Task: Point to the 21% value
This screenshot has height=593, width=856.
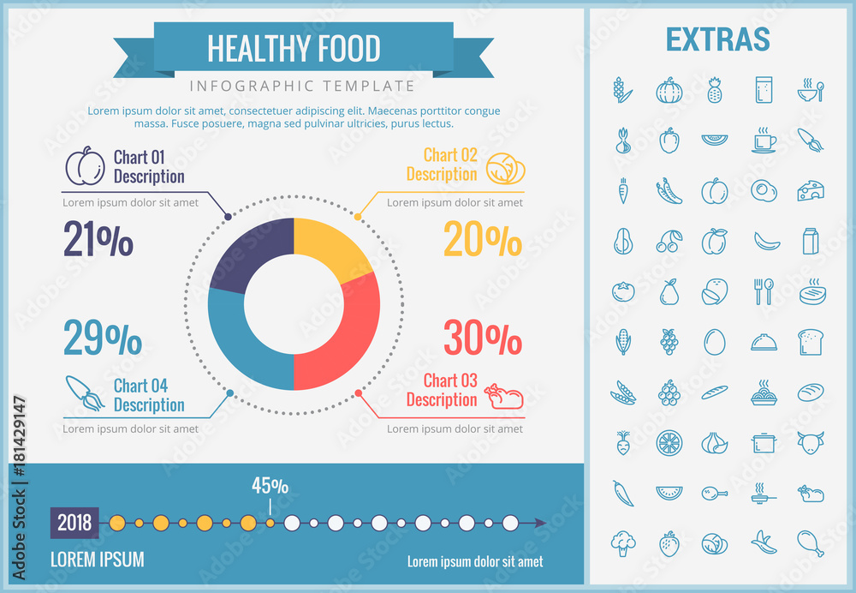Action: click(98, 239)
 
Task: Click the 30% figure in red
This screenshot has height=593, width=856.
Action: click(482, 338)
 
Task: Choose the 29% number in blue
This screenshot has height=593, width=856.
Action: click(103, 339)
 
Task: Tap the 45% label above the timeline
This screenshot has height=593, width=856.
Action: click(270, 486)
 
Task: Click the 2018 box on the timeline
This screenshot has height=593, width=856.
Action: click(74, 523)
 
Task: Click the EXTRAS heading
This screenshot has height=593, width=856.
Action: click(717, 39)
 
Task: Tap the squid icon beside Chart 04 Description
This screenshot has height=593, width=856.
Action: click(85, 393)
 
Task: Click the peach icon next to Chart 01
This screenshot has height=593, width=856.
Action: click(86, 166)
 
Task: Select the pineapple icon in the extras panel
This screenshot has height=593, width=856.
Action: click(715, 90)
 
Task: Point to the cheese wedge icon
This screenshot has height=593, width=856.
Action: click(810, 191)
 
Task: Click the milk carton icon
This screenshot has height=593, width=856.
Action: click(810, 242)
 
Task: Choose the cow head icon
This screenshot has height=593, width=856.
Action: click(810, 443)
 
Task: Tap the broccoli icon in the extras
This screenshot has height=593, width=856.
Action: click(623, 543)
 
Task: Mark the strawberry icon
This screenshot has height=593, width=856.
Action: click(669, 543)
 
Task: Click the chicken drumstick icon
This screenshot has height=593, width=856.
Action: click(810, 543)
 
